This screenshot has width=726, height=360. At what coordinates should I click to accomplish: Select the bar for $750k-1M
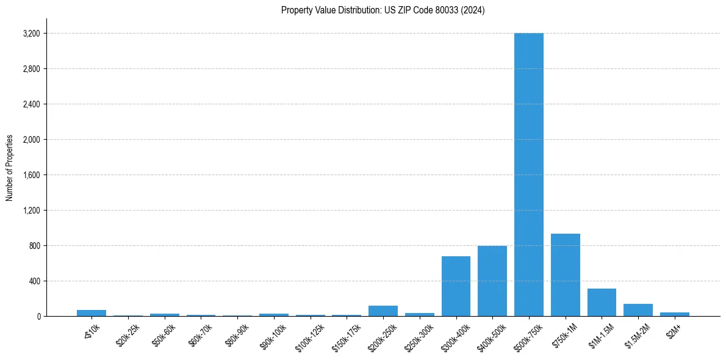(565, 275)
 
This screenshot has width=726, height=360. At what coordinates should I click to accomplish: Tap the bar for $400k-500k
(492, 281)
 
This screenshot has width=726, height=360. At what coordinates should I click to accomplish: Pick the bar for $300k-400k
(456, 286)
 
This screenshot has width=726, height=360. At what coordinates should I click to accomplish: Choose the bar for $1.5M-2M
(638, 310)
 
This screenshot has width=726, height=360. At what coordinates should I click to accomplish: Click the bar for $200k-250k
(383, 311)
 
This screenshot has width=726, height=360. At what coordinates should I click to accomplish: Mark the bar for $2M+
(674, 314)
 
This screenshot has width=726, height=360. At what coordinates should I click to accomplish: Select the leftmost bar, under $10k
(92, 313)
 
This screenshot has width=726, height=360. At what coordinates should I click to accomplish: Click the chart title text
(383, 10)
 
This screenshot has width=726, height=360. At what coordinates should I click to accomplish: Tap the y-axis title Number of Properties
(10, 168)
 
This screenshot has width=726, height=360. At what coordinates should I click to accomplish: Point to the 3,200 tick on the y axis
(31, 34)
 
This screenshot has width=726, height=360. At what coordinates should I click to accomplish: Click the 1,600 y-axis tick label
(31, 175)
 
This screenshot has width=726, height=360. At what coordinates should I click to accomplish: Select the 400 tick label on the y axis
(34, 281)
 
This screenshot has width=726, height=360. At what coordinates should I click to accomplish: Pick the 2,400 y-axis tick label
(31, 104)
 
